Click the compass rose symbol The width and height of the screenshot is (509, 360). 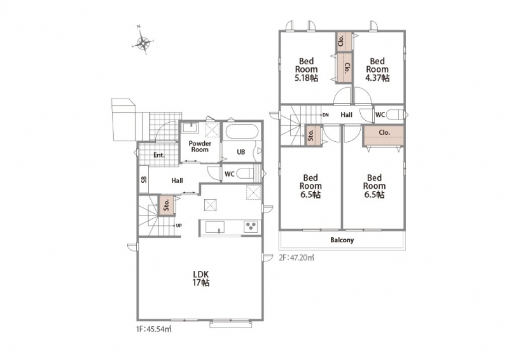click(x=143, y=43)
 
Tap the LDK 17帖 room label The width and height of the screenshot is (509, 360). click(x=201, y=278)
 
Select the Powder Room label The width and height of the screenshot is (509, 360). click(x=200, y=146)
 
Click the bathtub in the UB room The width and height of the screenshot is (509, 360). click(x=242, y=132)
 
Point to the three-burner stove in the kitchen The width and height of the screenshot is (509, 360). click(x=251, y=226)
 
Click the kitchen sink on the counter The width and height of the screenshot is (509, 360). click(x=215, y=226)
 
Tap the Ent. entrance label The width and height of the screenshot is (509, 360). click(x=158, y=155)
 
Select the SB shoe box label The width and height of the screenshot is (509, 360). click(x=144, y=179)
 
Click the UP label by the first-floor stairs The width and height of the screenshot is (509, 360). click(x=179, y=225)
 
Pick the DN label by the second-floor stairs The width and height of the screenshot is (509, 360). click(x=326, y=115)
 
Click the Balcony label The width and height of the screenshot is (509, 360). click(x=342, y=240)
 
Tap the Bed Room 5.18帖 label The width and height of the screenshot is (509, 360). click(x=307, y=69)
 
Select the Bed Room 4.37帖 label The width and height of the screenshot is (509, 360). click(x=377, y=69)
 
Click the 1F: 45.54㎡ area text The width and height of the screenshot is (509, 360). click(x=154, y=329)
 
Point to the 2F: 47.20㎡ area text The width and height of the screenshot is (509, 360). click(x=296, y=258)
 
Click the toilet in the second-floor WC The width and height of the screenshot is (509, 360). click(x=395, y=115)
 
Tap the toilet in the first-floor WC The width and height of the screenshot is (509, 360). click(x=246, y=174)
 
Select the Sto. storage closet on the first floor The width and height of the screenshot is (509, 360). click(x=167, y=205)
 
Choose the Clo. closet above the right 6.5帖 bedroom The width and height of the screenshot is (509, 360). click(x=384, y=135)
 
